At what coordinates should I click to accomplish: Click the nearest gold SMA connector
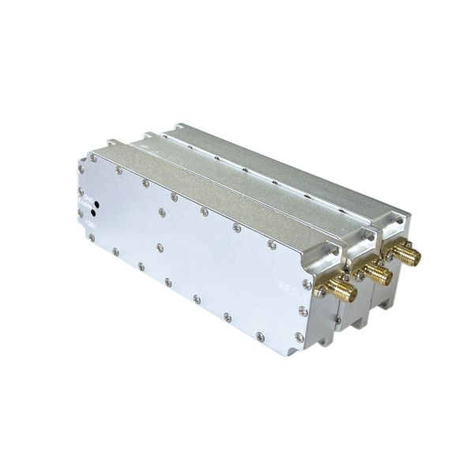[x=341, y=292]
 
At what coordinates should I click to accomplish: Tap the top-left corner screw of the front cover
[x=81, y=168]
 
